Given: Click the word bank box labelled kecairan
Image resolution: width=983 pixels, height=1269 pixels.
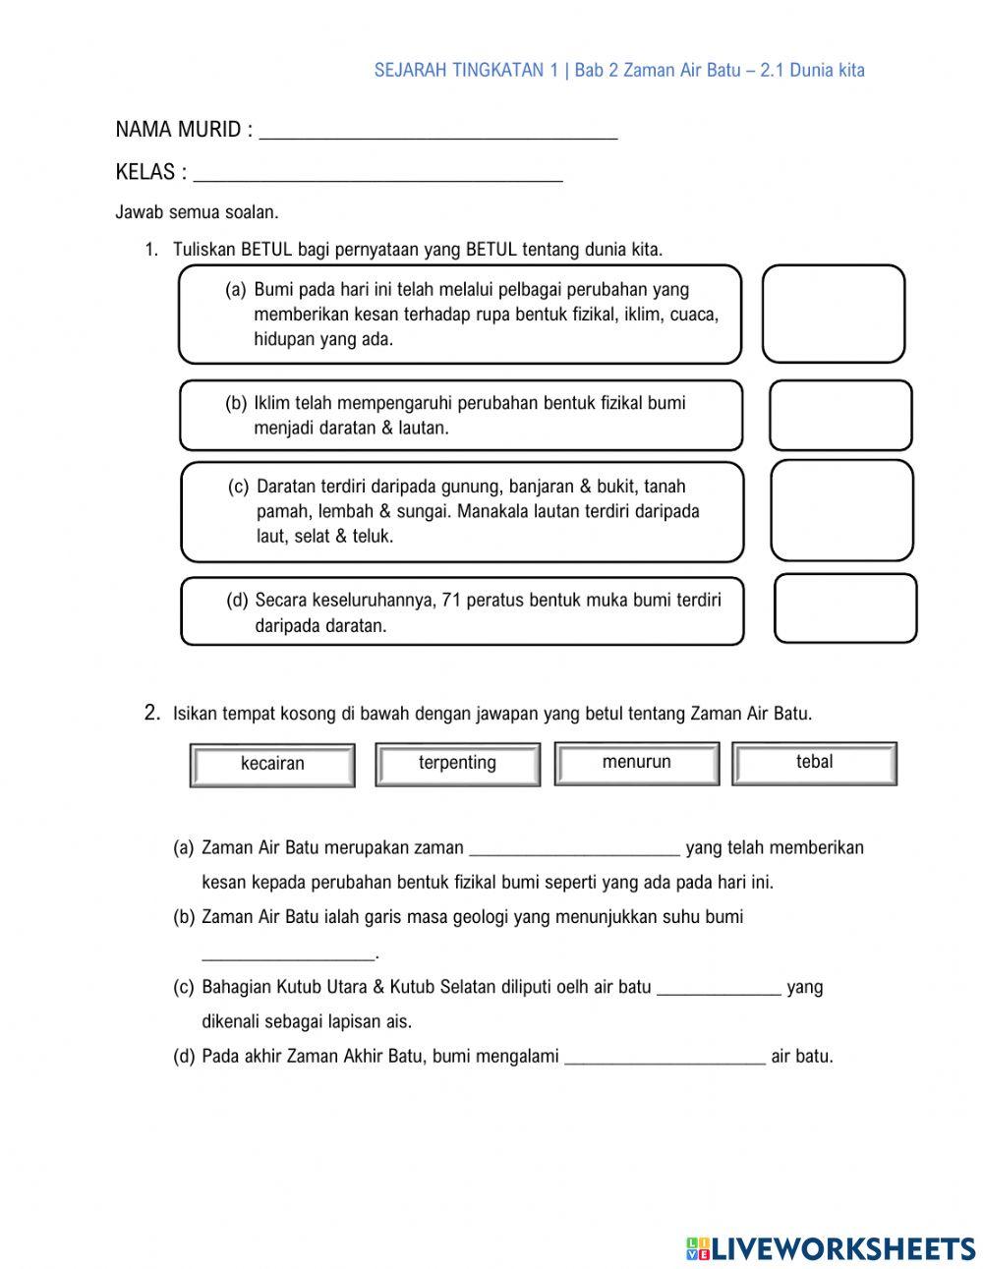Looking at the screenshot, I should [x=272, y=765].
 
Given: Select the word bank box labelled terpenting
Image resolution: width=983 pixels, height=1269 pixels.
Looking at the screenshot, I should [x=457, y=764].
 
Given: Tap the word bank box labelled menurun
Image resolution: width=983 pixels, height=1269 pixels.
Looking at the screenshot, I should [x=637, y=763].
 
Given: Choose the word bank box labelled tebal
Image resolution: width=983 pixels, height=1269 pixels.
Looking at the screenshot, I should [x=814, y=763].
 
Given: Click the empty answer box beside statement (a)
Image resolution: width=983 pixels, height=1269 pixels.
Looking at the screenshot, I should [x=833, y=314].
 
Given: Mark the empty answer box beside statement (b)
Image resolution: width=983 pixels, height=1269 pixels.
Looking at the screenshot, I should [x=839, y=416].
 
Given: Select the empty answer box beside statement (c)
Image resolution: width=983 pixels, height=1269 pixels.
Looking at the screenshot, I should [x=841, y=511].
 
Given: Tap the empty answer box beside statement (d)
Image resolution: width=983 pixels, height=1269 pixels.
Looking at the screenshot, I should [x=845, y=608].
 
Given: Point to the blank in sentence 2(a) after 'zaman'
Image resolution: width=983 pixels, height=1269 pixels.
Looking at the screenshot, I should [x=575, y=851].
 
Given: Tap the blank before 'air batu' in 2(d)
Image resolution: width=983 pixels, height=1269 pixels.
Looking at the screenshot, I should [x=665, y=1061].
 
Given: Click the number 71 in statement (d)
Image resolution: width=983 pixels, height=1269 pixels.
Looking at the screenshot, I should [x=452, y=600].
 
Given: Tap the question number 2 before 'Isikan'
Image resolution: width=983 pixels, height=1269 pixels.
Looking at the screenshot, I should [x=151, y=713].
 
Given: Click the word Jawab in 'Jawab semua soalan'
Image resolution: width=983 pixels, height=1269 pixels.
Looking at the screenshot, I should [x=138, y=212].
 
